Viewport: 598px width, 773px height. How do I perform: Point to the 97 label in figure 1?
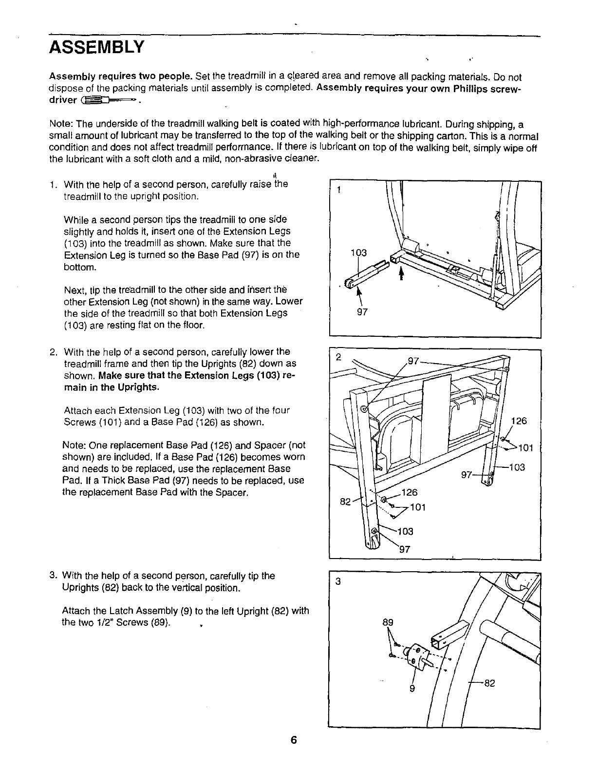click(x=362, y=313)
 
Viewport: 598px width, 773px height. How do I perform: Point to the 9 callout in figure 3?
click(x=412, y=689)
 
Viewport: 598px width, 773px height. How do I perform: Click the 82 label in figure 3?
click(x=489, y=683)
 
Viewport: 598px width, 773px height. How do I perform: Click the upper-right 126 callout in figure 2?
click(x=520, y=421)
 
